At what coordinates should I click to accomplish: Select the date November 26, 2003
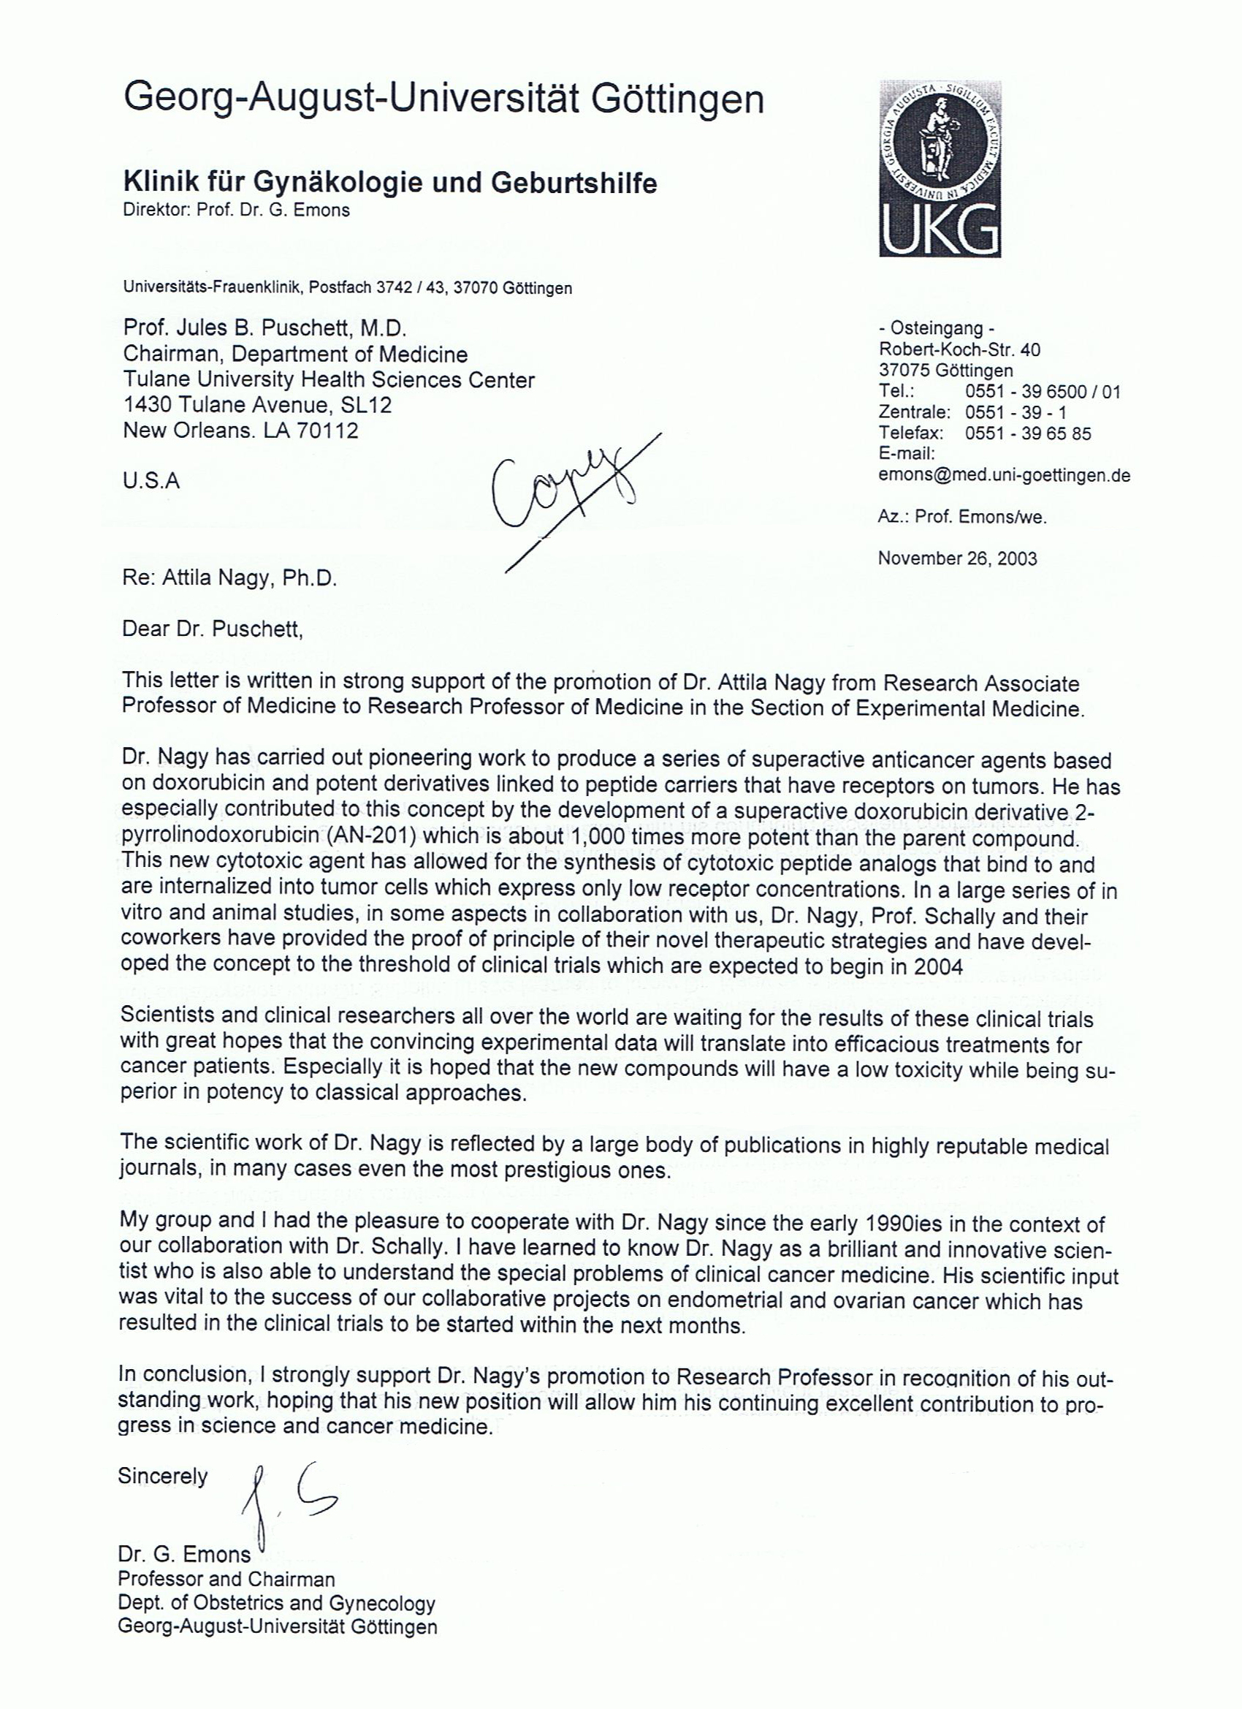pyautogui.click(x=956, y=558)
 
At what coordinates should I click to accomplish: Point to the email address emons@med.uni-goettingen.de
pyautogui.click(x=1003, y=475)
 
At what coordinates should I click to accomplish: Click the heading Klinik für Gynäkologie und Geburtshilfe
pyautogui.click(x=389, y=183)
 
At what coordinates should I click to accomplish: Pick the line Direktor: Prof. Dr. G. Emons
pyautogui.click(x=237, y=211)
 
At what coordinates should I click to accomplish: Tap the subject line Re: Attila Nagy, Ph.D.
pyautogui.click(x=229, y=579)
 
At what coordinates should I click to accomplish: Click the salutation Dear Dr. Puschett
pyautogui.click(x=213, y=629)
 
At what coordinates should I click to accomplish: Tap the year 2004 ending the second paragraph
pyautogui.click(x=939, y=967)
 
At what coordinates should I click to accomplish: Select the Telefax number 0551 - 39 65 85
pyautogui.click(x=1027, y=433)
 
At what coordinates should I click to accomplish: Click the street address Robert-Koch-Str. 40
pyautogui.click(x=959, y=349)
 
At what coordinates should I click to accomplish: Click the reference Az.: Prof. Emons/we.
pyautogui.click(x=961, y=517)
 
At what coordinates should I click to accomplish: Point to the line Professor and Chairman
pyautogui.click(x=226, y=1579)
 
